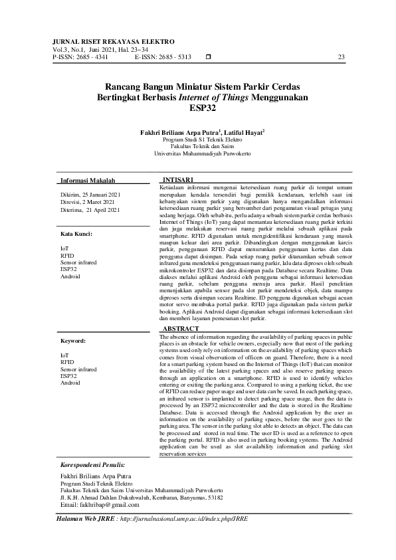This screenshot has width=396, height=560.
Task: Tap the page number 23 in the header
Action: tap(342, 57)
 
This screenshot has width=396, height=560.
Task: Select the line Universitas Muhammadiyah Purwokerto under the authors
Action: tap(202, 153)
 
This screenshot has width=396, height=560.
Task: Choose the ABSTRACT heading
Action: tap(181, 310)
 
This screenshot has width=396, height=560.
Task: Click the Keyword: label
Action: tap(73, 340)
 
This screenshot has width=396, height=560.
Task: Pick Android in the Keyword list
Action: tap(70, 383)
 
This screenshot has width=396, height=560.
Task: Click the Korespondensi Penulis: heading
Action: tap(92, 465)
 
